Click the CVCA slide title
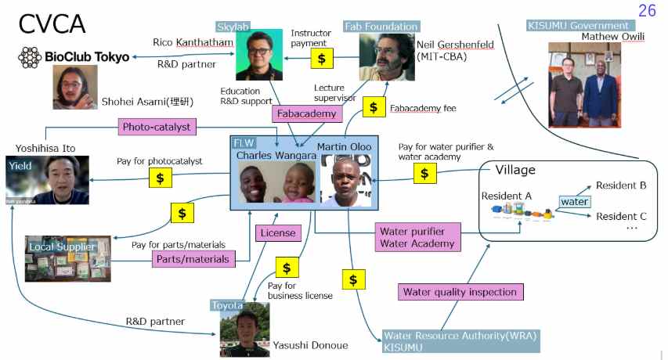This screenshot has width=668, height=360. tap(52, 23)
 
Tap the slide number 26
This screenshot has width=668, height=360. tap(647, 11)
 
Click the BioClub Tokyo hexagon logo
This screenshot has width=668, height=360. tap(30, 57)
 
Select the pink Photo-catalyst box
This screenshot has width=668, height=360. tap(157, 127)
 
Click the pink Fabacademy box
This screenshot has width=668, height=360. tap(307, 113)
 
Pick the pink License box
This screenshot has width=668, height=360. tap(278, 232)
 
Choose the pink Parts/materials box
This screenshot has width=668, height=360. tap(193, 259)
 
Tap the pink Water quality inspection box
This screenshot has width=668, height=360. tap(460, 292)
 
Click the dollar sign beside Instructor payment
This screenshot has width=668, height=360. tap(322, 58)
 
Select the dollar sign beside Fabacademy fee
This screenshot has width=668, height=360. tap(374, 106)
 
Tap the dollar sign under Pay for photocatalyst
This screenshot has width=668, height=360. tap(161, 178)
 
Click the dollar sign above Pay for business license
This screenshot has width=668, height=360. tap(287, 267)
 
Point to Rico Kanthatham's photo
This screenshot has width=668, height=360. tap(259, 55)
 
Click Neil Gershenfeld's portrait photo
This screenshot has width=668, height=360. tap(387, 57)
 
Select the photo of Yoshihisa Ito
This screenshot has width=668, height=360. tap(47, 180)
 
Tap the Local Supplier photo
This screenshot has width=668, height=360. tap(67, 259)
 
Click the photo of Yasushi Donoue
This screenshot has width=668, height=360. tap(245, 329)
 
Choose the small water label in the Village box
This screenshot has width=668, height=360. tap(574, 201)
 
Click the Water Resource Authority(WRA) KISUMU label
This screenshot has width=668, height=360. tap(460, 341)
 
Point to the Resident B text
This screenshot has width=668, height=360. tap(621, 185)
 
